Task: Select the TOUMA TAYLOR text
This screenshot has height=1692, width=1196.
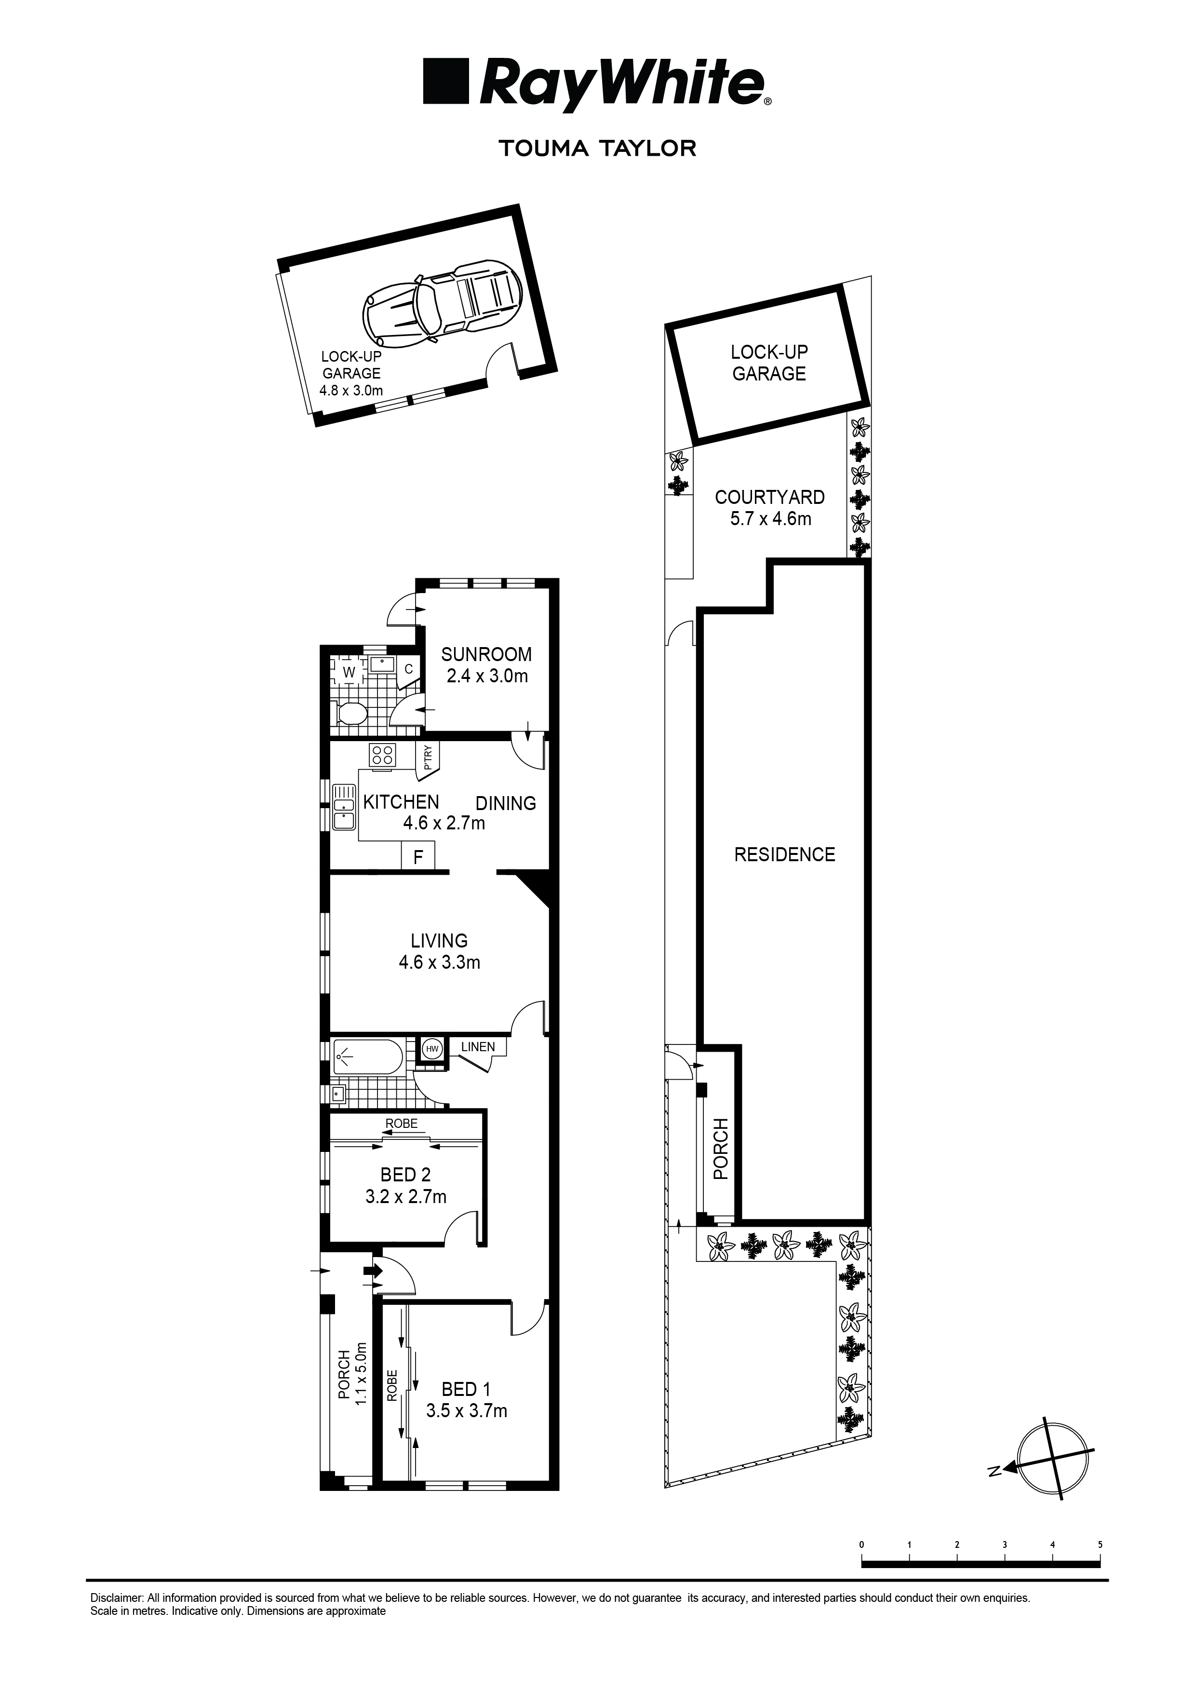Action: (x=598, y=148)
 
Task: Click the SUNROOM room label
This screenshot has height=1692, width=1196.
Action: (x=486, y=654)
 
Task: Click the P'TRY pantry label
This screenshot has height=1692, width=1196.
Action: (x=428, y=758)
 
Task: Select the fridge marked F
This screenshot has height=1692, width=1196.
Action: (x=418, y=857)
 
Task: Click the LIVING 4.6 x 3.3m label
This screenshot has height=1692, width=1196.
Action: (x=439, y=951)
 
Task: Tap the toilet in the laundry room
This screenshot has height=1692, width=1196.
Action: (x=351, y=713)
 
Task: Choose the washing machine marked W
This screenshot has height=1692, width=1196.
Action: (x=349, y=672)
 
